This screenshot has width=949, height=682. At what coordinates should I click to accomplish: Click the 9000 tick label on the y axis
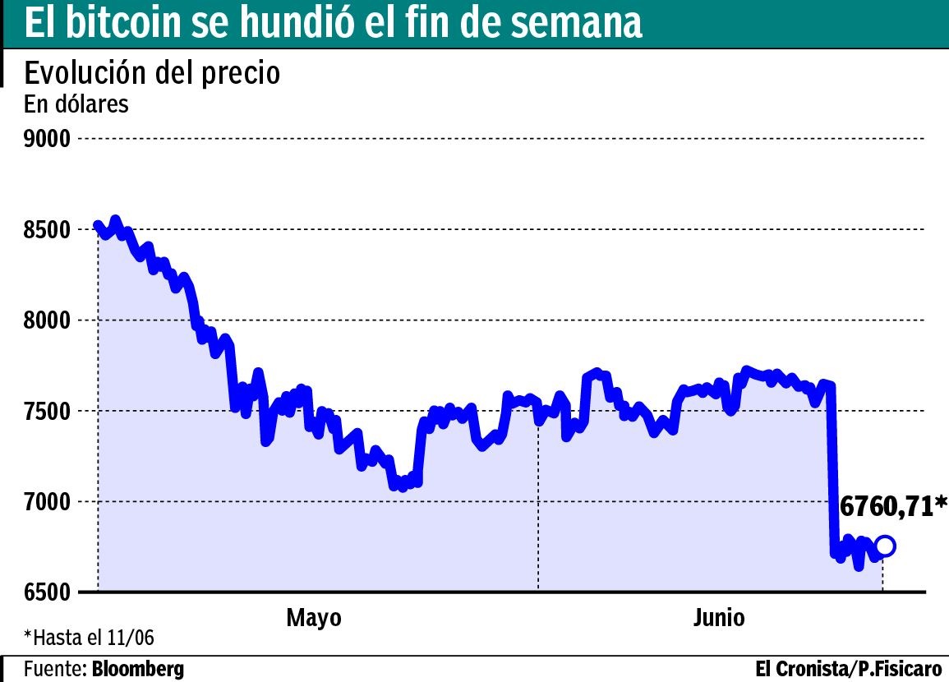coord(46,139)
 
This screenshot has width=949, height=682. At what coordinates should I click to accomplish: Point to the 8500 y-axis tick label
coord(46,229)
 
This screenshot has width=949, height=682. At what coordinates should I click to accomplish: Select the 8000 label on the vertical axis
coord(46,320)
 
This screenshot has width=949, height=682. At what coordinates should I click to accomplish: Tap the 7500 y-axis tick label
coord(46,411)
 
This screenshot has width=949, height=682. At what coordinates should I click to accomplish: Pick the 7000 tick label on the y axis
coord(46,502)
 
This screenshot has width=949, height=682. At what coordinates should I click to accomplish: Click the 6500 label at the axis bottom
coord(46,592)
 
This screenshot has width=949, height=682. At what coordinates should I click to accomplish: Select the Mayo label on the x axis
coord(314,618)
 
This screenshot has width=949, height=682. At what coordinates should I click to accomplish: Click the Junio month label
coord(719,618)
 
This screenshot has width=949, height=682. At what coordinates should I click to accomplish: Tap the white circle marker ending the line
coord(885,546)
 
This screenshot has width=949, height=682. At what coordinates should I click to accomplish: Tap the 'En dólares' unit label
coord(76,104)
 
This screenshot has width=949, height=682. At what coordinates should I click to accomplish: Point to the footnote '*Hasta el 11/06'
coord(89,638)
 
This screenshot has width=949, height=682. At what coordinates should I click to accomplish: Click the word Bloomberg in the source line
coord(138,669)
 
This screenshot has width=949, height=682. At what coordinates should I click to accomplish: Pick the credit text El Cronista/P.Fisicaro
coord(848,669)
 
